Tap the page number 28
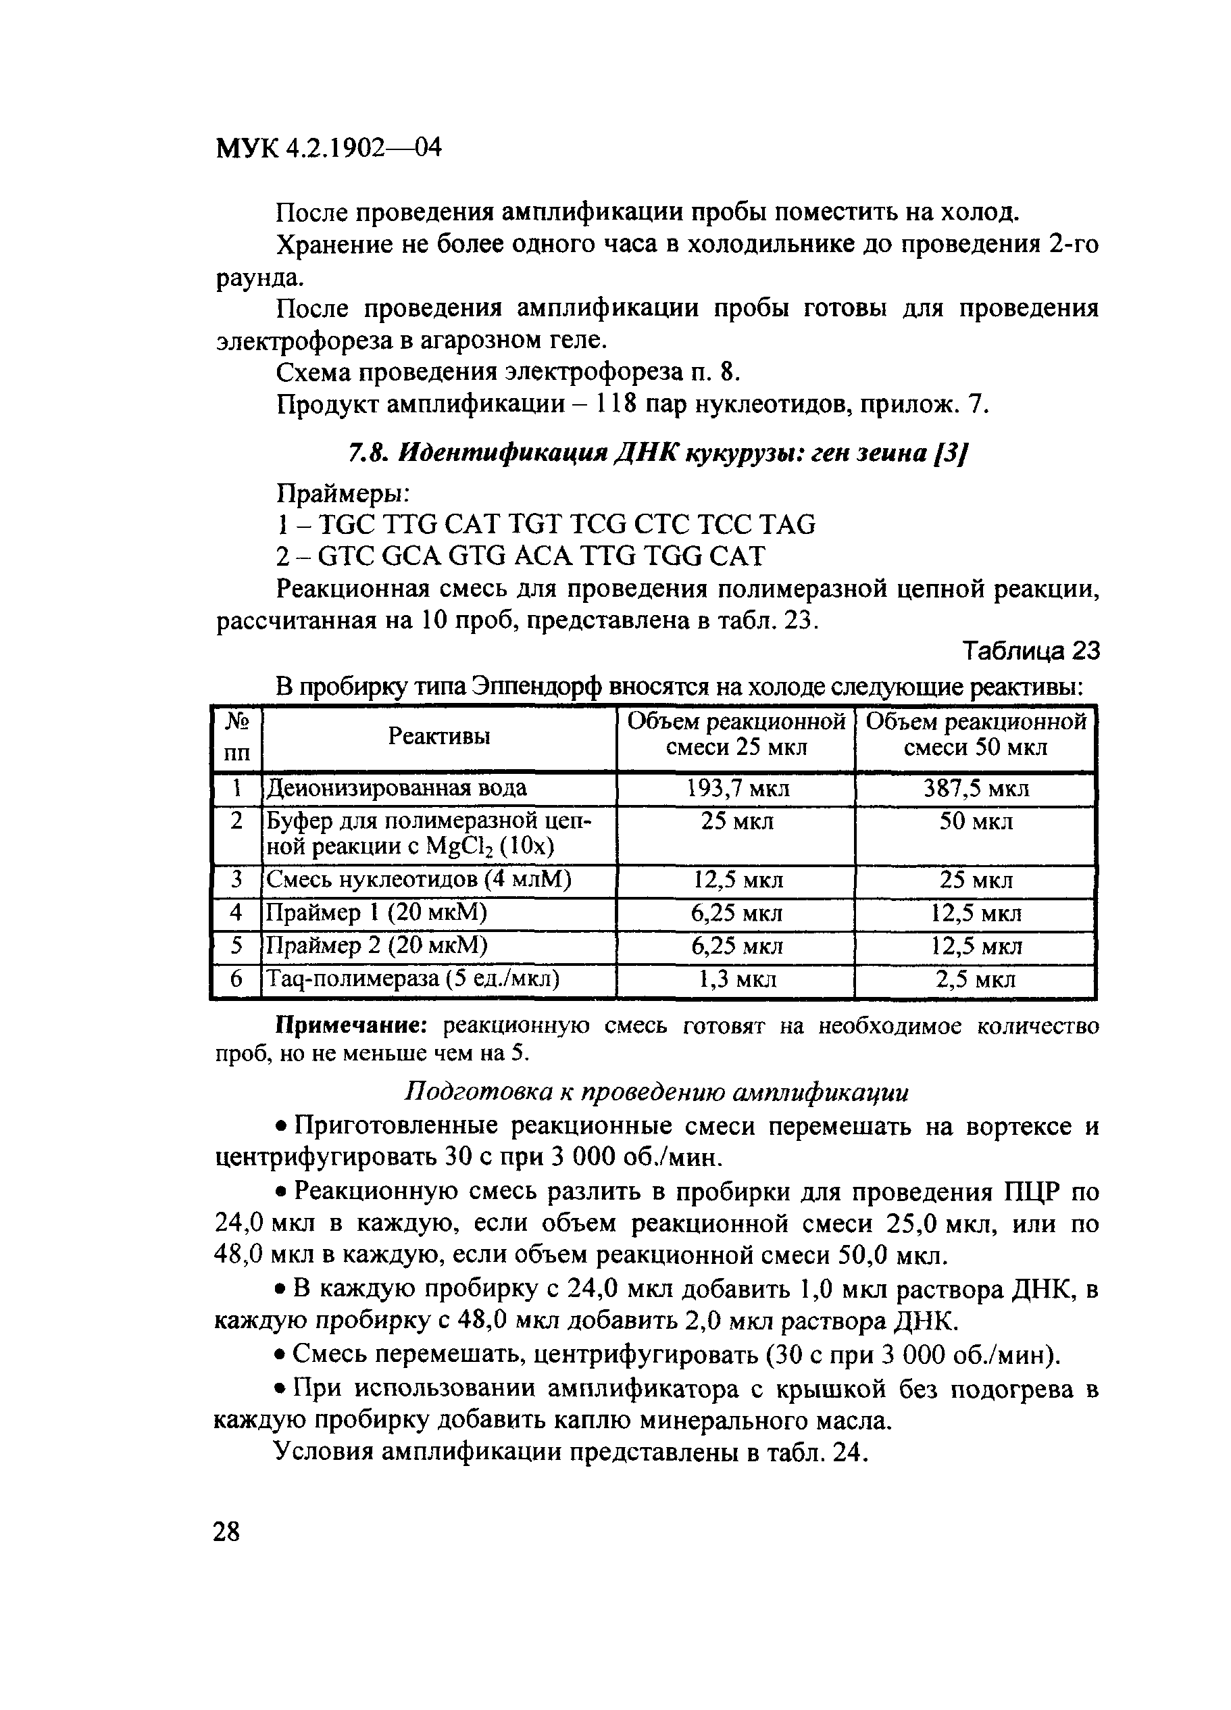pyautogui.click(x=226, y=1532)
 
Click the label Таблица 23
pyautogui.click(x=1030, y=651)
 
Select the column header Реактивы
pyautogui.click(x=438, y=736)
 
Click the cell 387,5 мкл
pyautogui.click(x=976, y=789)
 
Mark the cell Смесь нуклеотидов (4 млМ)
pyautogui.click(x=419, y=880)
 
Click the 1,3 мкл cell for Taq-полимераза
pyautogui.click(x=736, y=979)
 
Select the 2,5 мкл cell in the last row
pyautogui.click(x=976, y=979)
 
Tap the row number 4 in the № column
pyautogui.click(x=236, y=913)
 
